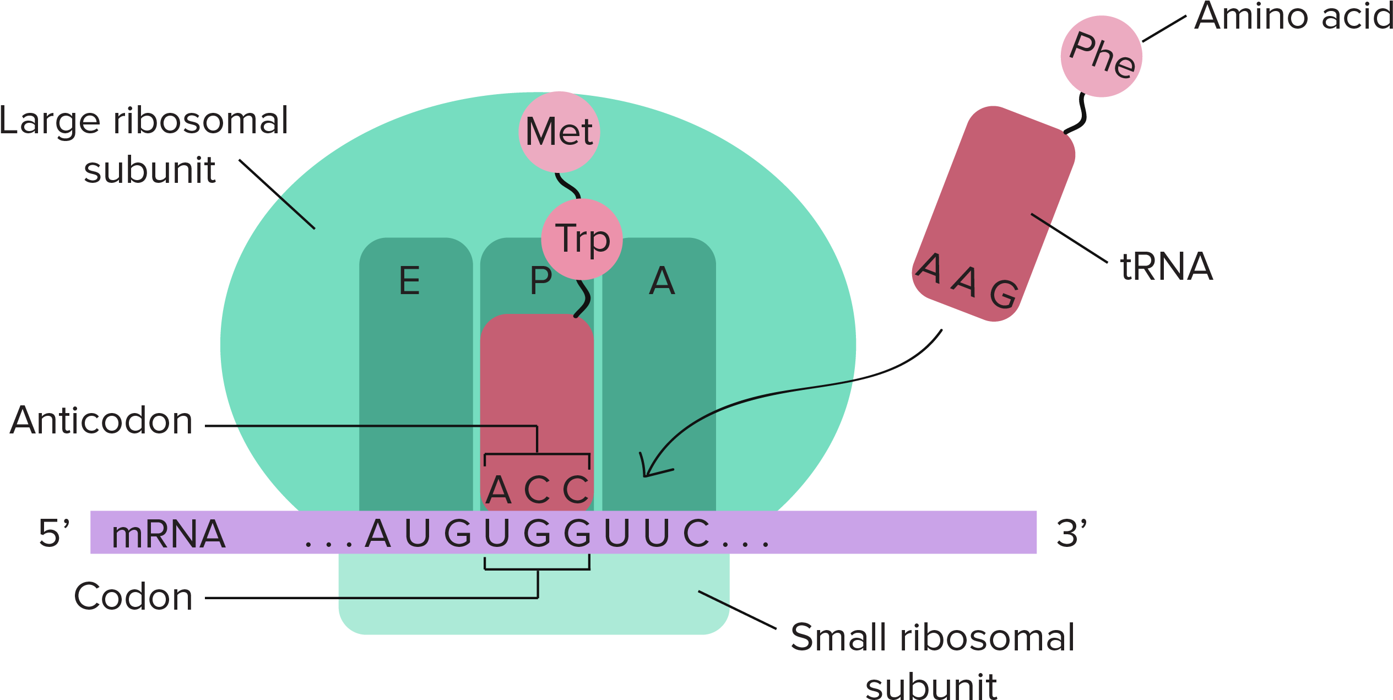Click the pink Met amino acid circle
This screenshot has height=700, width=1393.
pyautogui.click(x=559, y=132)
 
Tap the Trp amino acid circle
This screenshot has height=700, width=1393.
pyautogui.click(x=582, y=239)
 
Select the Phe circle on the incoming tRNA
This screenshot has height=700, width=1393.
pyautogui.click(x=1102, y=56)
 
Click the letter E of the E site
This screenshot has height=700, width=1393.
pyautogui.click(x=409, y=281)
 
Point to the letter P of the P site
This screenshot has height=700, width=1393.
pyautogui.click(x=540, y=281)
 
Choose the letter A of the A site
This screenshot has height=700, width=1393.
pyautogui.click(x=662, y=281)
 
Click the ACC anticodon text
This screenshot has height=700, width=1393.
pyautogui.click(x=537, y=489)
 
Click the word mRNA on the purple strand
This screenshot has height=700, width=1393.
pyautogui.click(x=168, y=534)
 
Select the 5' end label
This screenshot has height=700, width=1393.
pyautogui.click(x=53, y=533)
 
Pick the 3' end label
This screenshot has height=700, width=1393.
pyautogui.click(x=1071, y=533)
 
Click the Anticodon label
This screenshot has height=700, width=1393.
pyautogui.click(x=102, y=421)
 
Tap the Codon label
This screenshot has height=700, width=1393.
pyautogui.click(x=133, y=596)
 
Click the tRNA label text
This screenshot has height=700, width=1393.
pyautogui.click(x=1167, y=267)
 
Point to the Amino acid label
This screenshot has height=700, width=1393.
pyautogui.click(x=1292, y=17)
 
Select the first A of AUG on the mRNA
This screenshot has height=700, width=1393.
pyautogui.click(x=378, y=534)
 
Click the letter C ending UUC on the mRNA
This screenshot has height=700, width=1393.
pyautogui.click(x=696, y=534)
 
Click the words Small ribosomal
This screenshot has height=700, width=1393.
pyautogui.click(x=932, y=638)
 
